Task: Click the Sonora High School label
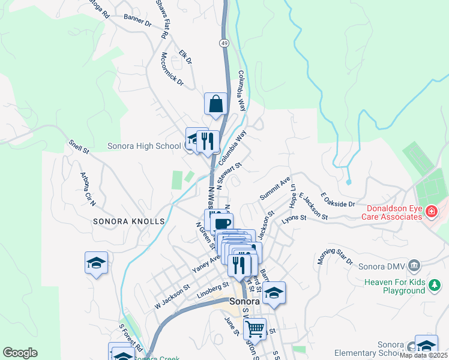tap(144, 146)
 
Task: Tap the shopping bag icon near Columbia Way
tap(215, 104)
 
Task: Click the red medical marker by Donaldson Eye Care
tap(431, 211)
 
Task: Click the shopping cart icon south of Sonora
tap(255, 329)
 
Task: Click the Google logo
tap(20, 353)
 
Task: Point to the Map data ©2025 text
tap(423, 355)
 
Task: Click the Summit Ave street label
tap(275, 188)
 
